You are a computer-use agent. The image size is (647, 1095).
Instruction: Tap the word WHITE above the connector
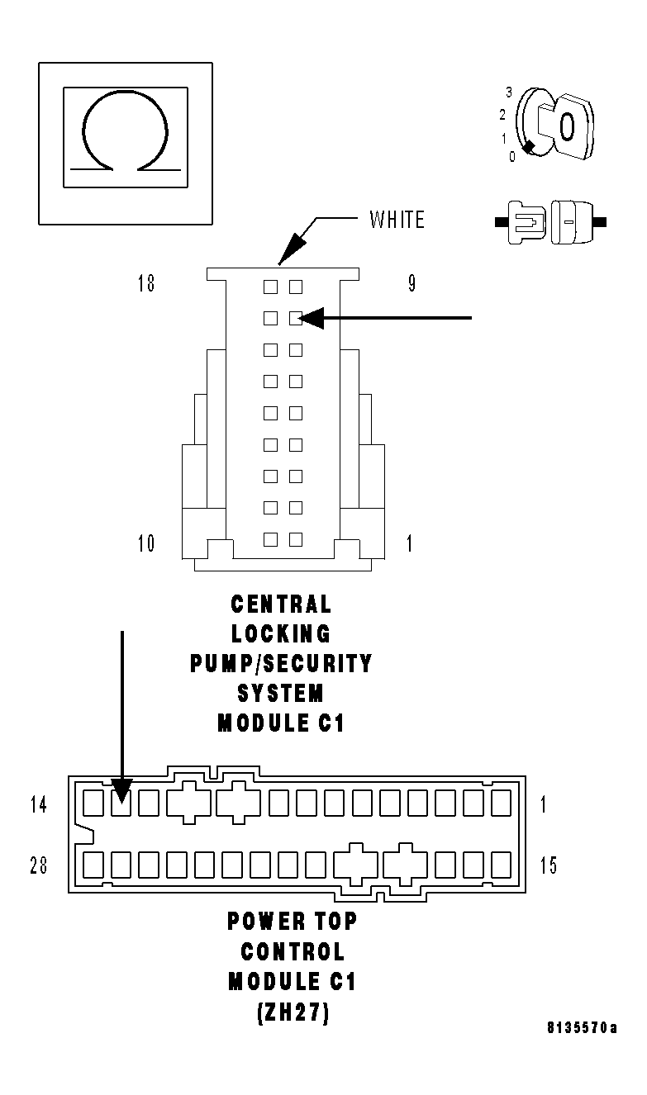397,220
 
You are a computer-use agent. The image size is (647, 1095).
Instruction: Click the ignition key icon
552,125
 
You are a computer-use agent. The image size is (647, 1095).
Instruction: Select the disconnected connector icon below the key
549,221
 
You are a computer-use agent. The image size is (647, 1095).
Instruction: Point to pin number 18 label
146,284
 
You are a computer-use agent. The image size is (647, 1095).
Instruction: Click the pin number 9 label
412,284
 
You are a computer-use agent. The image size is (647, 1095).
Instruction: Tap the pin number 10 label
146,543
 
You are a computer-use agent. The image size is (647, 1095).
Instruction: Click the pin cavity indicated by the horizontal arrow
295,318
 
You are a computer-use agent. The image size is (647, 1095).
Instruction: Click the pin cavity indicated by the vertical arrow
121,803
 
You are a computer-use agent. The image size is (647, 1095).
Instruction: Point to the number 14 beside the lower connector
39,804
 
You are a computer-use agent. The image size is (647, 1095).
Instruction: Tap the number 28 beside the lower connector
39,865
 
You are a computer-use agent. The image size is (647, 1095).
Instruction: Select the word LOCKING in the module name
281,634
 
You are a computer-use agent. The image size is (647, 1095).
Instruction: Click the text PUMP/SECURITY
281,663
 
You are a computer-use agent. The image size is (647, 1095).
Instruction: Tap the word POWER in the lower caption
264,921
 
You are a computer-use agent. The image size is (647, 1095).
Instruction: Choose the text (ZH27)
293,1012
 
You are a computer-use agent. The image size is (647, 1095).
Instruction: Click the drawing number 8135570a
582,1028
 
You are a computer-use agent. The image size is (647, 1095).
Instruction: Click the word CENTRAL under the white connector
281,604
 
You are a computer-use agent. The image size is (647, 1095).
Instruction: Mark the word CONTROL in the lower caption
293,951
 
